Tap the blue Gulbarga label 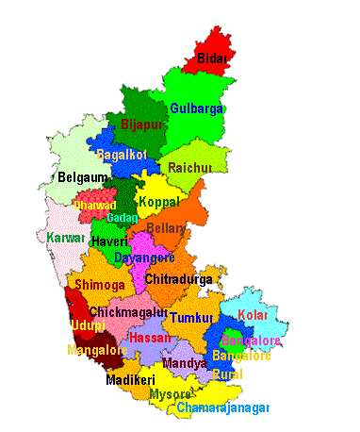196,108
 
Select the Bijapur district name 142,124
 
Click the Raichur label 190,168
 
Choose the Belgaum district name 81,176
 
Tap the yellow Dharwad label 94,205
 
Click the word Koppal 157,202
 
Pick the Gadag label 122,218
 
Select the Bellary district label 166,228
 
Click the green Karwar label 65,238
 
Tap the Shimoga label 99,284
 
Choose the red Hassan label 150,337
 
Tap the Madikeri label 129,380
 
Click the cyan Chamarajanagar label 223,407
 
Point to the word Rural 227,374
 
